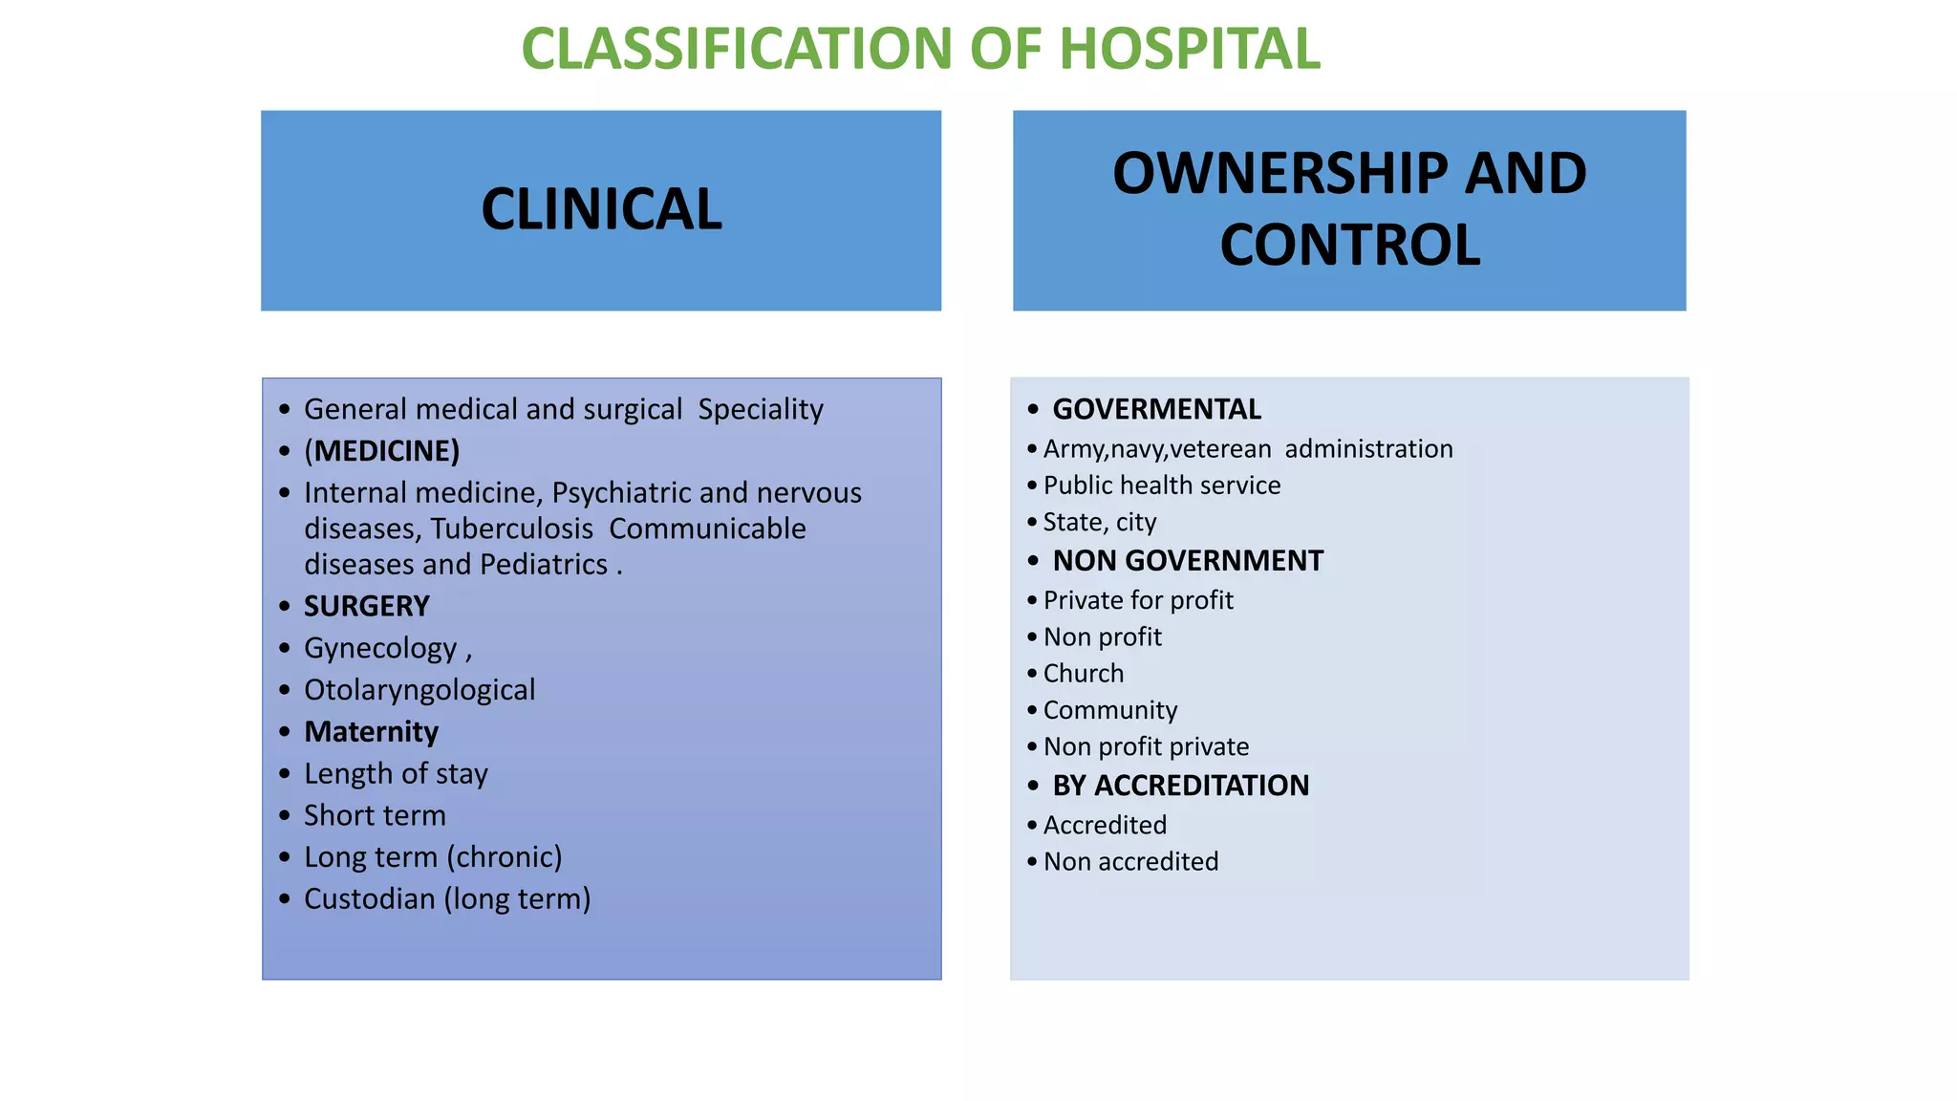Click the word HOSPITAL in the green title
1189,49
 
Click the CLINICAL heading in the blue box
601,209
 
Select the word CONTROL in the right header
1349,246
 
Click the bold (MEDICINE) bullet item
381,451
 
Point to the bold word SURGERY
366,606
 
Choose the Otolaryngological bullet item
419,690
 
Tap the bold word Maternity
371,732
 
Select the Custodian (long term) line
446,899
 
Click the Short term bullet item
375,815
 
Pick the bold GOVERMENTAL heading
1156,409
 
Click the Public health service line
1161,486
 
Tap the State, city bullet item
1099,523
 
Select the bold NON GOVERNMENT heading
1187,561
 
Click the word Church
1083,674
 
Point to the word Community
1109,710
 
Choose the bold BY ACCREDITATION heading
1180,786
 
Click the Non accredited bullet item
1130,862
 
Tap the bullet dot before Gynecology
284,648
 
